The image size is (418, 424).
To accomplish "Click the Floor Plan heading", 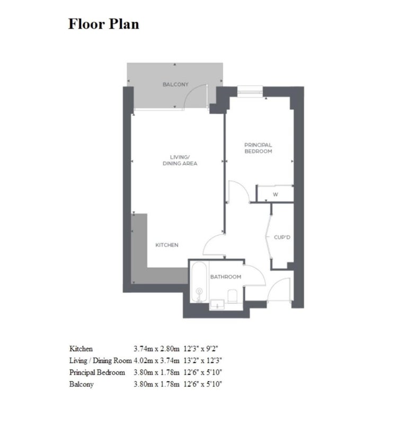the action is [x=103, y=24].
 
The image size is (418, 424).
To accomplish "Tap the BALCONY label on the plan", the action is [x=175, y=84].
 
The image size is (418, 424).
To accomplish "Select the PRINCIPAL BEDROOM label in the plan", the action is [x=258, y=148].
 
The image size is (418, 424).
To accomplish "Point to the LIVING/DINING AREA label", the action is [x=180, y=161].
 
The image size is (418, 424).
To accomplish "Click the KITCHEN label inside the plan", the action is [x=167, y=245].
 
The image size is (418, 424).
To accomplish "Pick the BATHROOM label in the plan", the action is [x=226, y=277].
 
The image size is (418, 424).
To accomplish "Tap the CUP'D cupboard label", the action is [x=282, y=237].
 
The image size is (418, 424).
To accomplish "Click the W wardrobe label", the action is [x=275, y=195].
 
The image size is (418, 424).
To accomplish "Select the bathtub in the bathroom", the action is [x=199, y=282].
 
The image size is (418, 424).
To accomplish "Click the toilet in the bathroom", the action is [x=232, y=296].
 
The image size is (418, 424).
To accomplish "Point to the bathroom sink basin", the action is [x=217, y=304].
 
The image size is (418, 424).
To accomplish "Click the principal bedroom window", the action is [x=250, y=91].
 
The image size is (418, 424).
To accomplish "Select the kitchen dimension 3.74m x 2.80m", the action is [x=156, y=349].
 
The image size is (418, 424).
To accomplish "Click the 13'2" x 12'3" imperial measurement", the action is [x=203, y=360].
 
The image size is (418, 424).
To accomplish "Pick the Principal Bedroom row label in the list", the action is [x=97, y=373].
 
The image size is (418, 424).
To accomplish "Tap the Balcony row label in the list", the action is [x=82, y=385].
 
